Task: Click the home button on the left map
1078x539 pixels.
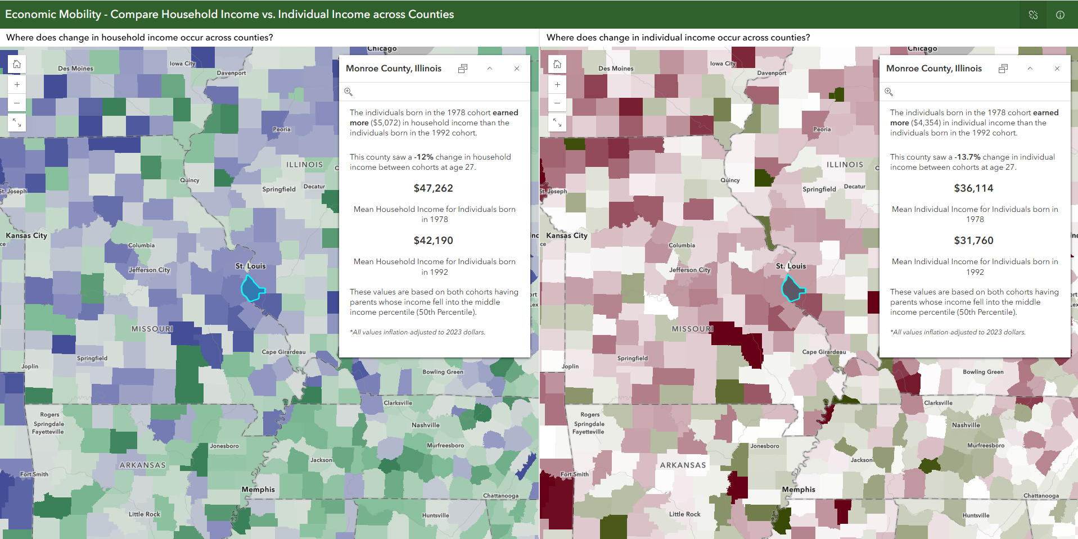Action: (17, 65)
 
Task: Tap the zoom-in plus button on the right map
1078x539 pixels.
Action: (557, 85)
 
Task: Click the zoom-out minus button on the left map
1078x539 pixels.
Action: (17, 103)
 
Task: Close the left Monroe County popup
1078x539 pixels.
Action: (517, 69)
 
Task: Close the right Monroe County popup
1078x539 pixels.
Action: (1057, 69)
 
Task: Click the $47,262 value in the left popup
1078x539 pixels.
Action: (433, 188)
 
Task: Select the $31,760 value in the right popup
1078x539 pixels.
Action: (973, 241)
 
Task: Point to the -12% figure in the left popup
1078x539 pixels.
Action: (423, 157)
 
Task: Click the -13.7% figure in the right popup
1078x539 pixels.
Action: (967, 157)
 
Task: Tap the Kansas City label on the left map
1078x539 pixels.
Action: (26, 235)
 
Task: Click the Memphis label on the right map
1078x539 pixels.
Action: (799, 490)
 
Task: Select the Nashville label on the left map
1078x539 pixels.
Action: (426, 425)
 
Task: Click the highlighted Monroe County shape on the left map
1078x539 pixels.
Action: (252, 288)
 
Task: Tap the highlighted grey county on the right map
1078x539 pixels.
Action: (792, 289)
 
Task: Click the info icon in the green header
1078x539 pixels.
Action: (1060, 15)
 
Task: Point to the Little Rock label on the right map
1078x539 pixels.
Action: (684, 514)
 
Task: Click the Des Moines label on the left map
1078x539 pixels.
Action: (75, 69)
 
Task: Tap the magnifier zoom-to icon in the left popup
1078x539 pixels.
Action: (349, 92)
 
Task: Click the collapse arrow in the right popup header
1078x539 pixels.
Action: (1030, 69)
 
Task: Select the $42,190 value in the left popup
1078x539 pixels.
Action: (433, 241)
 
